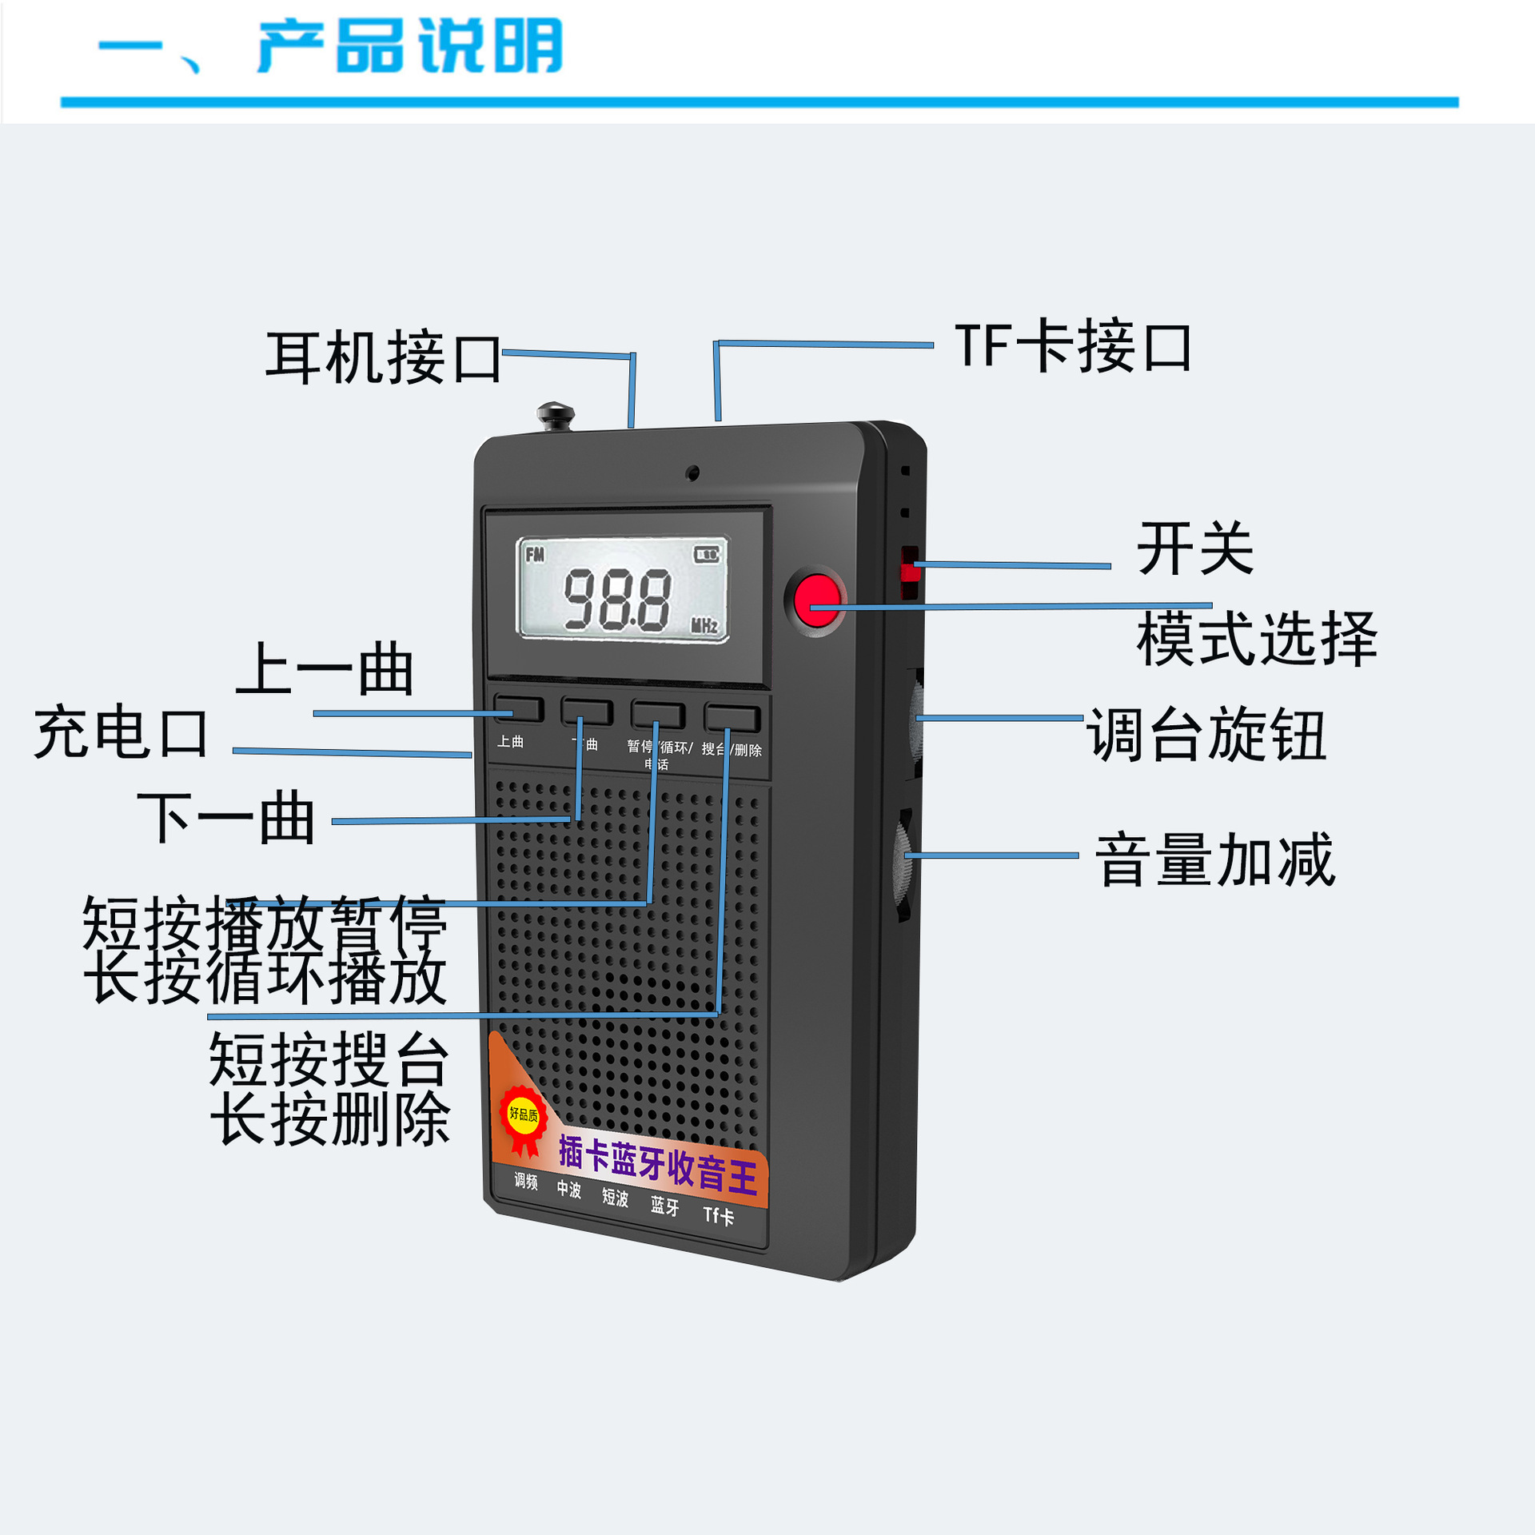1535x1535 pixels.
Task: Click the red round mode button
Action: (816, 599)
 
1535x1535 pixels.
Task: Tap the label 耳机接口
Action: (383, 357)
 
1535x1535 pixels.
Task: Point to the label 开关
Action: (1194, 548)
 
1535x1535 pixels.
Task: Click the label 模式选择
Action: (1256, 639)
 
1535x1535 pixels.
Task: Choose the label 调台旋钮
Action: (1206, 734)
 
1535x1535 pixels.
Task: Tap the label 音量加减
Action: (1214, 859)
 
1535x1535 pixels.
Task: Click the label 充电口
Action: (122, 732)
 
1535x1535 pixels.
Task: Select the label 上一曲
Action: (325, 669)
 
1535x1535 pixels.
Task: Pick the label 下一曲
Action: (226, 818)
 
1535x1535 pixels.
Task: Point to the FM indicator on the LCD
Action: (535, 554)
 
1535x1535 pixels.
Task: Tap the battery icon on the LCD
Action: (706, 554)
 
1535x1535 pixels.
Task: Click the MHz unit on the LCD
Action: (704, 625)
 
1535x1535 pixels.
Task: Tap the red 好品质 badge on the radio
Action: (524, 1116)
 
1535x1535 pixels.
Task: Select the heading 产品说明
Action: (410, 46)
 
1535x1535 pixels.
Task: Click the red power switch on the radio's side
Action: (910, 571)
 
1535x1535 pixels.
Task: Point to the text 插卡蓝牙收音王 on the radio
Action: (657, 1166)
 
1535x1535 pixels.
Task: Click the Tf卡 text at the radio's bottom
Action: (718, 1216)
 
